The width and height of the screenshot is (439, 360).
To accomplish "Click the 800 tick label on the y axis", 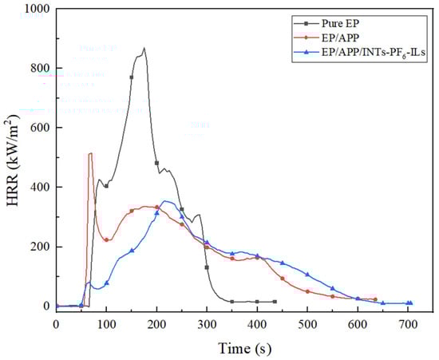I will pyautogui.click(x=37, y=69).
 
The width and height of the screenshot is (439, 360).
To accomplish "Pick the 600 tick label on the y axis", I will pyautogui.click(x=37, y=128).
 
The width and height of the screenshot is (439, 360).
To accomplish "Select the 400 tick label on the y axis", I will pyautogui.click(x=37, y=188).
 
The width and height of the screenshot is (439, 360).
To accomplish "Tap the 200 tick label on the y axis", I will pyautogui.click(x=37, y=247).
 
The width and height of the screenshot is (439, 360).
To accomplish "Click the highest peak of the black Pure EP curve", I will pyautogui.click(x=144, y=48).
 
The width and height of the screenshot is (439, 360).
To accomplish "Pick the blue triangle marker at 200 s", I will pyautogui.click(x=156, y=213).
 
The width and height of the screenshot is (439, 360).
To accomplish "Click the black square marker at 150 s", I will pyautogui.click(x=132, y=77).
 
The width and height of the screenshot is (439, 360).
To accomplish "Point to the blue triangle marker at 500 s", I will pyautogui.click(x=307, y=275).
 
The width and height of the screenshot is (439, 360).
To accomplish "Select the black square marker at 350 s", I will pyautogui.click(x=231, y=302).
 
